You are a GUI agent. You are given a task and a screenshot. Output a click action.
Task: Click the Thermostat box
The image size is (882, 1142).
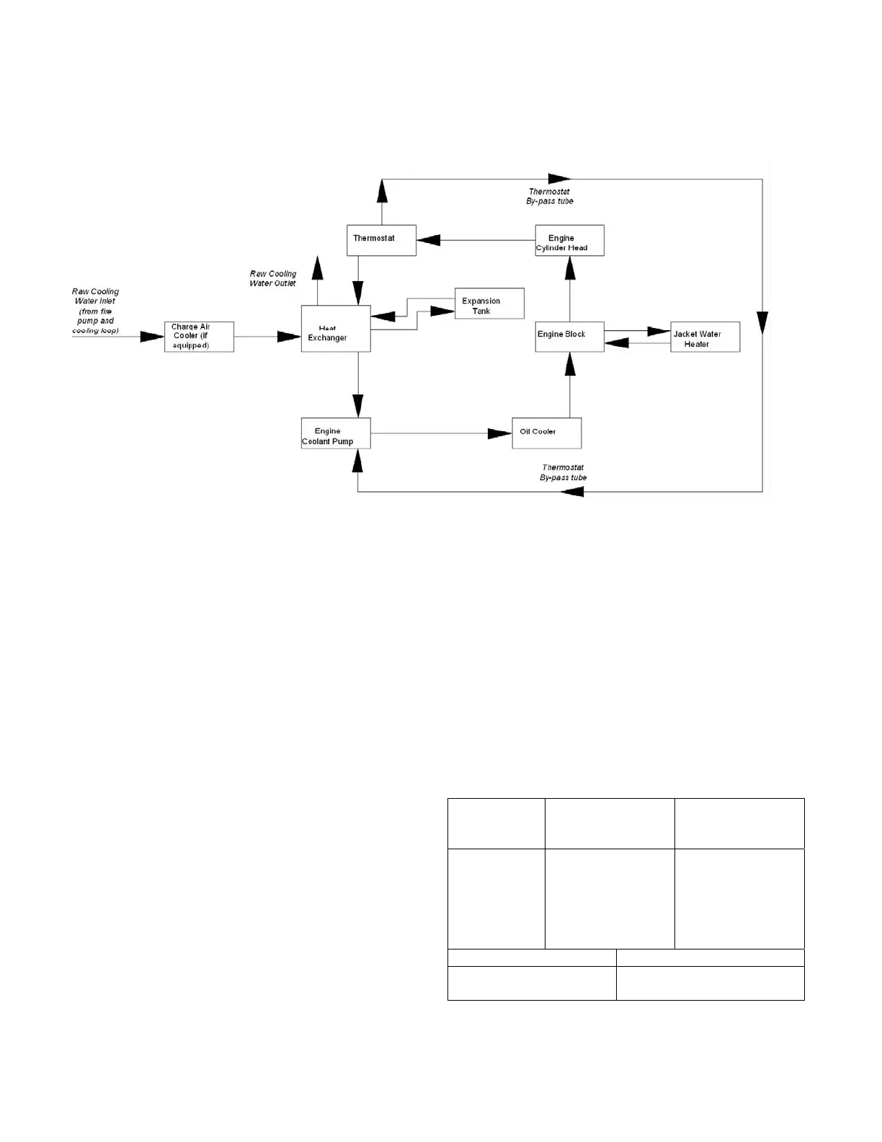coord(381,240)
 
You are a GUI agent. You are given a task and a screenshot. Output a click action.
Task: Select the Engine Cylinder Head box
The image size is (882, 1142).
coord(569,240)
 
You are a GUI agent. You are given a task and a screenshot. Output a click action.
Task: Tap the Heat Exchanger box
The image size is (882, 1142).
coord(336,329)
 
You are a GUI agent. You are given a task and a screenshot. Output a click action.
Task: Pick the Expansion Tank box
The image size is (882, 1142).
coord(489,304)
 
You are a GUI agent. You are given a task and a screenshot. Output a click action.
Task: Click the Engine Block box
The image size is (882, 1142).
coord(569,337)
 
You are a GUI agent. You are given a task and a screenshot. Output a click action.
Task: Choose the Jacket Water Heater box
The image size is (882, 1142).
coord(705,337)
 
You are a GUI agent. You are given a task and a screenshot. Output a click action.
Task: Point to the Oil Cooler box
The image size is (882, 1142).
coord(546,433)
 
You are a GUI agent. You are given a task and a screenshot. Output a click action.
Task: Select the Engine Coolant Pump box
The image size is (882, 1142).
coord(336,433)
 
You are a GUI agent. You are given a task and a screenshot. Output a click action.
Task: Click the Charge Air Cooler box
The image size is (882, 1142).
coord(199,337)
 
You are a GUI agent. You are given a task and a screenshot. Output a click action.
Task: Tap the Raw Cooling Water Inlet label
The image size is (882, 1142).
coord(95,311)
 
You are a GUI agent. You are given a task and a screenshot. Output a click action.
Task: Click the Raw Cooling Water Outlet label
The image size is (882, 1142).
coord(273,278)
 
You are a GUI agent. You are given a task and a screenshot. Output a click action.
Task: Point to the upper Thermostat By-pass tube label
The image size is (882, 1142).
coord(550,196)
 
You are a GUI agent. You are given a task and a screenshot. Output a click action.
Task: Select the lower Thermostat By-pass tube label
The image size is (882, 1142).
coord(563,472)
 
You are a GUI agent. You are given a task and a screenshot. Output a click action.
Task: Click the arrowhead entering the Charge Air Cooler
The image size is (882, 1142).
coord(152,337)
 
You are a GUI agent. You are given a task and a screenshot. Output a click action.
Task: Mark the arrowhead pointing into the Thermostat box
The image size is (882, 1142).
coord(429,240)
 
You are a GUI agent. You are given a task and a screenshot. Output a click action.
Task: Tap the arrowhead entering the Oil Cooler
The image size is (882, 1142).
coord(499,433)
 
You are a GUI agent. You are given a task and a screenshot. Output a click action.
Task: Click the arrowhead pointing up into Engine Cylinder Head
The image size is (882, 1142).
coord(570,267)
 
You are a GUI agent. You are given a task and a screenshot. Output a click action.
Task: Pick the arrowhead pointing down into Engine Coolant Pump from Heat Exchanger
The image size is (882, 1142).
coord(358,405)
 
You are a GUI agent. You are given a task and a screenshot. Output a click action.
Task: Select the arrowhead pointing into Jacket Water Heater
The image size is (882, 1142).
coord(659,331)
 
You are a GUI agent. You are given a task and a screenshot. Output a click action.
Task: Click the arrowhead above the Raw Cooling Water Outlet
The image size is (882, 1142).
coord(317,267)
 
